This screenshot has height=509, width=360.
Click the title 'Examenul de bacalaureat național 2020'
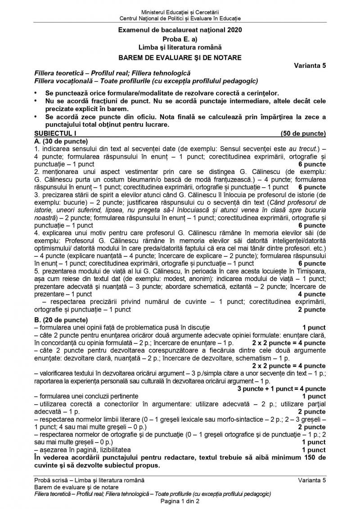pyautogui.click(x=180, y=31)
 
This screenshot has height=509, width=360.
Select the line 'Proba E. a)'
pyautogui.click(x=180, y=39)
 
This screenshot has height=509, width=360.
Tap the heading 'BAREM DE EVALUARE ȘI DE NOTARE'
pyautogui.click(x=180, y=57)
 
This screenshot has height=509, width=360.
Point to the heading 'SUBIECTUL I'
pyautogui.click(x=52, y=133)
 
